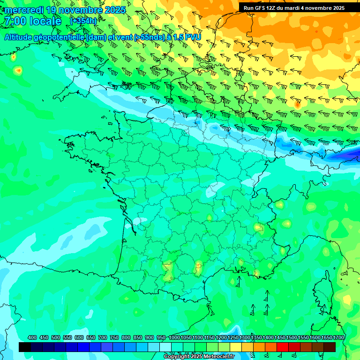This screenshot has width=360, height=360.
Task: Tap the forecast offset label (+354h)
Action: coord(83,21)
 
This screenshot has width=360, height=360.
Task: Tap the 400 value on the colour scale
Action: coord(32,338)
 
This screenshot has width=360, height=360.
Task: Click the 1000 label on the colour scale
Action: coord(174,338)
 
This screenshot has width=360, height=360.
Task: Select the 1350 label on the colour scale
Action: coord(256,338)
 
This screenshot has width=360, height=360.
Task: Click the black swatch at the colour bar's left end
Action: coord(25,347)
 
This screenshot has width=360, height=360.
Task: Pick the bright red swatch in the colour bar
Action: coord(283,347)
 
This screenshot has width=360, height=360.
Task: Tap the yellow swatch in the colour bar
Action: coord(236,347)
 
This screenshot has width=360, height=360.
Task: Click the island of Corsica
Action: coord(323,291)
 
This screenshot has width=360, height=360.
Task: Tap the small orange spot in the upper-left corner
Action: coord(18,71)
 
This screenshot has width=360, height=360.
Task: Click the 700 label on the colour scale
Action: coord(103,338)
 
